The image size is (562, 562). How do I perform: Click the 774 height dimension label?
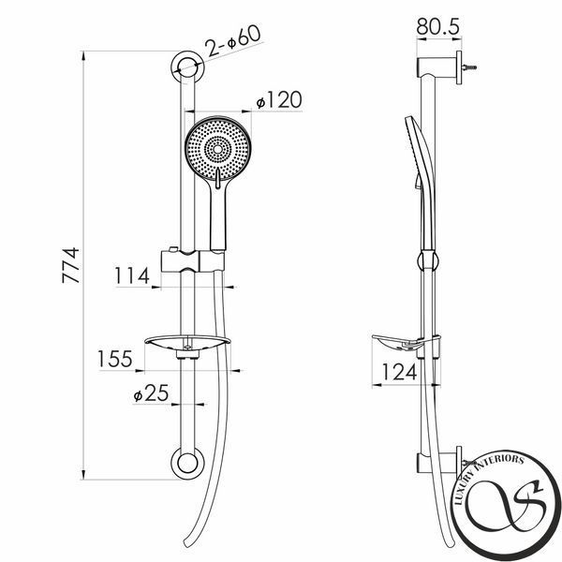[x=70, y=265]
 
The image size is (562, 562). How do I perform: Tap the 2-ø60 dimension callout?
[x=234, y=41]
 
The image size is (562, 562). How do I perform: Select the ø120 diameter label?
[x=279, y=99]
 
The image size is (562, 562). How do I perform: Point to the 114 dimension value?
[x=131, y=275]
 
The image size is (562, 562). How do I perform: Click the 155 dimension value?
[x=115, y=359]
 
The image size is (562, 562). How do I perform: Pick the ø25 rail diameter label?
[x=151, y=392]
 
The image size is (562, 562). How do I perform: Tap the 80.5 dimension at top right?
[x=438, y=26]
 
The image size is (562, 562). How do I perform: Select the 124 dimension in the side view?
[x=399, y=372]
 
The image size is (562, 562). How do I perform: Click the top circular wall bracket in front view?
[x=187, y=67]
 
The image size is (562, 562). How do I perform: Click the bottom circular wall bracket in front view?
[x=187, y=463]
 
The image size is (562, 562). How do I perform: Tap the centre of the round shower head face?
[x=218, y=148]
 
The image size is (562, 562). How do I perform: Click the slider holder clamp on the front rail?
[x=192, y=260]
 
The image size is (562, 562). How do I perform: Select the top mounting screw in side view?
[x=469, y=67]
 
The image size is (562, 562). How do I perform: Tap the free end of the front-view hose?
[x=186, y=542]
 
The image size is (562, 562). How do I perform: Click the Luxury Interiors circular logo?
[x=506, y=506]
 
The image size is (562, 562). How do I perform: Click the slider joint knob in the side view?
[x=428, y=260]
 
